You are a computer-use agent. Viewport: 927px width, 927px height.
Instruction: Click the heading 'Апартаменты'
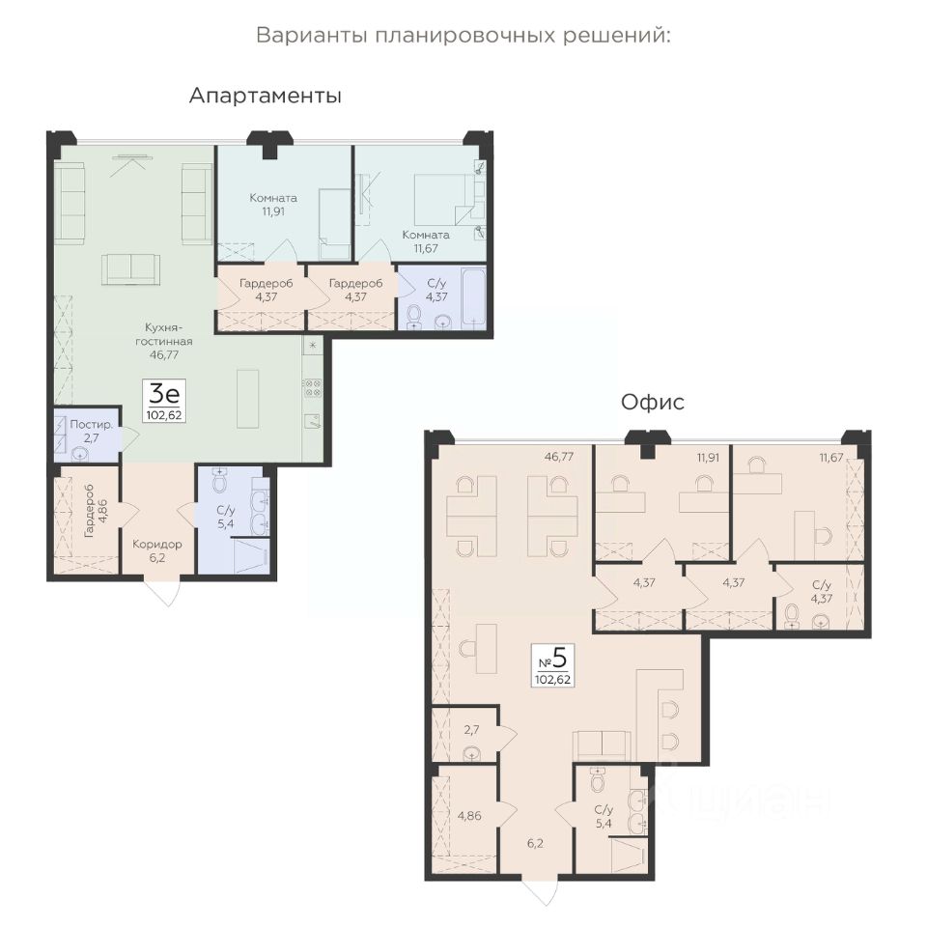point(265,96)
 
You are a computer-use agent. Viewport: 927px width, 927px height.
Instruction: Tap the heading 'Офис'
point(652,403)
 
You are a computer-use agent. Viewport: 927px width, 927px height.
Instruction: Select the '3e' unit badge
point(165,400)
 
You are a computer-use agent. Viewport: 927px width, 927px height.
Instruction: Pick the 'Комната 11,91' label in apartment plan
point(272,205)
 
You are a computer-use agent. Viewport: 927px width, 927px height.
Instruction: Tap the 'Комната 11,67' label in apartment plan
point(426,241)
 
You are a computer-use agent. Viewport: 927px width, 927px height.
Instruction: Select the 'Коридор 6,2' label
point(156,550)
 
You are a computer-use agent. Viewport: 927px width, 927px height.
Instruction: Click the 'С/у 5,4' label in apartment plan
point(225,517)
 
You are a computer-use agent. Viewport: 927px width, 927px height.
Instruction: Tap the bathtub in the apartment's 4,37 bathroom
point(474,296)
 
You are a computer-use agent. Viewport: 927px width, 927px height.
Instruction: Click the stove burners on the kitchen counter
point(313,388)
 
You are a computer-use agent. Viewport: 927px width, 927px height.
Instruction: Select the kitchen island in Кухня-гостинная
point(248,399)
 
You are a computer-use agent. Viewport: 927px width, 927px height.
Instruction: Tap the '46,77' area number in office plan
point(560,457)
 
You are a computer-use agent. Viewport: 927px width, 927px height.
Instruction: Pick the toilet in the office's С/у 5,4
point(598,779)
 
